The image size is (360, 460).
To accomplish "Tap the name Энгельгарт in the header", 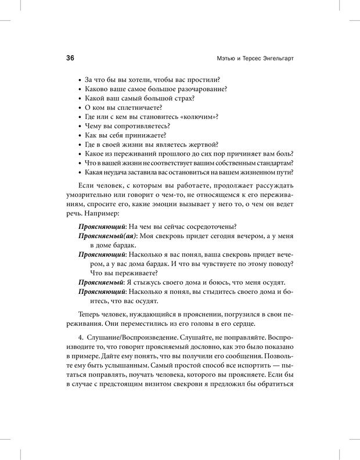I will (273, 58).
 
